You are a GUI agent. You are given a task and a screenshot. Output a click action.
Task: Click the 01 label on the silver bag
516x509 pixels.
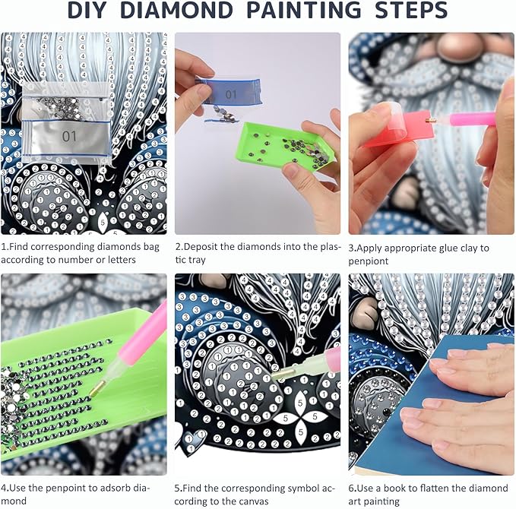(69, 136)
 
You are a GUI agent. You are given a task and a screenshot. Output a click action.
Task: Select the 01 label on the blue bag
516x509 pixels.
(231, 95)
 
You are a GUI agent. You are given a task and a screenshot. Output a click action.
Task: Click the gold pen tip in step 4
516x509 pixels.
(97, 388)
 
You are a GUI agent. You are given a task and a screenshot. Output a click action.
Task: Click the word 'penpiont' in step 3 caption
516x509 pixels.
(369, 261)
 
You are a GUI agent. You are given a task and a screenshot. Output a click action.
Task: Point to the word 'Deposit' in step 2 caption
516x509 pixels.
(200, 247)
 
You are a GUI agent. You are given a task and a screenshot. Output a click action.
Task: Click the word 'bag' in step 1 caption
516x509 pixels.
(151, 248)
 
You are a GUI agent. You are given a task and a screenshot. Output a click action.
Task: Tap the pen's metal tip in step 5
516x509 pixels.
(282, 374)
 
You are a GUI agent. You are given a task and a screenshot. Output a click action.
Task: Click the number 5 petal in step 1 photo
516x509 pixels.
(103, 222)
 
